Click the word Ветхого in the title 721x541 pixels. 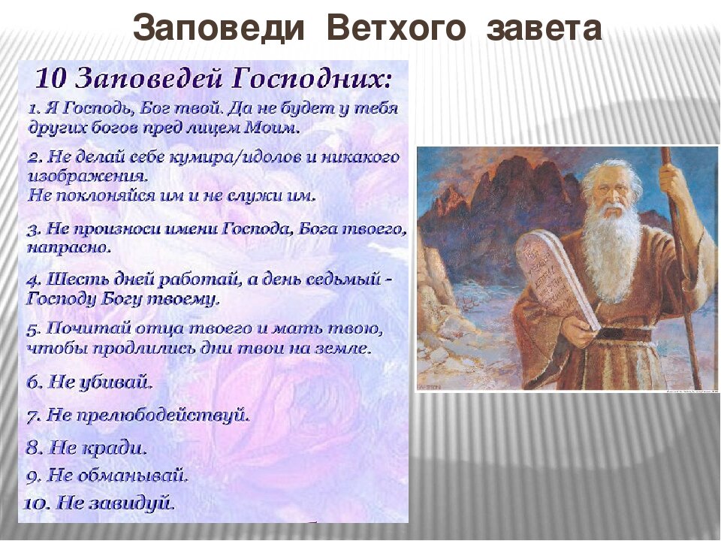396,28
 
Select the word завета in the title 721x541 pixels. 544,29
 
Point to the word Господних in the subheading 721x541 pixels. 312,79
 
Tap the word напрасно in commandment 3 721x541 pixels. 69,249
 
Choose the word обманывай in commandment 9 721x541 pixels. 133,475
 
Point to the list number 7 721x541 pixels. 32,417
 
